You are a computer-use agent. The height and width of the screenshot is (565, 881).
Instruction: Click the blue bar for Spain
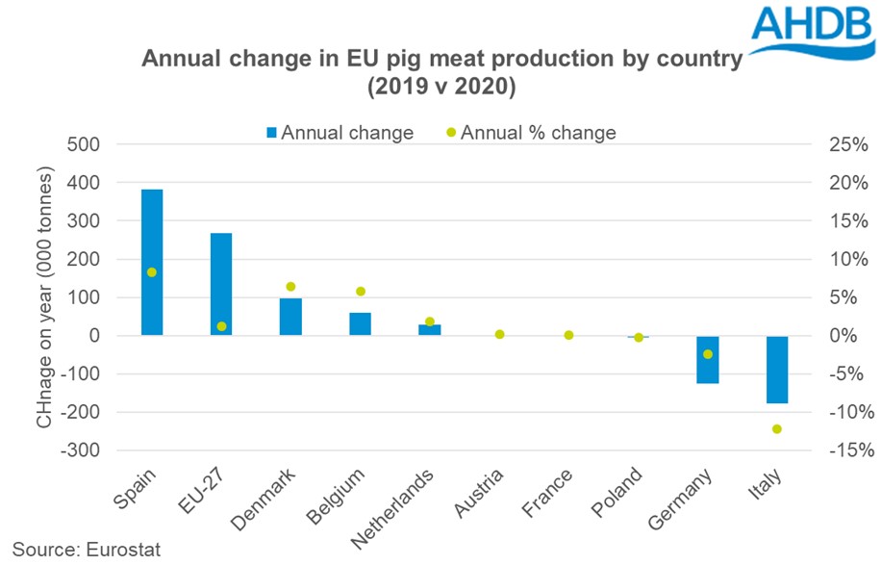tap(152, 262)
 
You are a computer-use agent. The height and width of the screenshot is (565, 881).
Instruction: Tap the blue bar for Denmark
tap(290, 317)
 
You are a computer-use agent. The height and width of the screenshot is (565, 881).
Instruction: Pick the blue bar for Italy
tap(777, 370)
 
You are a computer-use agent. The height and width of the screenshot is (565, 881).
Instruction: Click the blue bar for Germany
tap(708, 360)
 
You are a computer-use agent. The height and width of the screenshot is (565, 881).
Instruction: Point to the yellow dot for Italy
tap(777, 428)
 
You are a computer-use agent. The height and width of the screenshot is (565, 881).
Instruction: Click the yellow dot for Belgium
tap(361, 291)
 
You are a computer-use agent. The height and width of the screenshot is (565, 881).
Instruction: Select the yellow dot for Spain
tap(152, 272)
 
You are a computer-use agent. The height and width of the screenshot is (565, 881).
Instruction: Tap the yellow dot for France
tap(568, 335)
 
